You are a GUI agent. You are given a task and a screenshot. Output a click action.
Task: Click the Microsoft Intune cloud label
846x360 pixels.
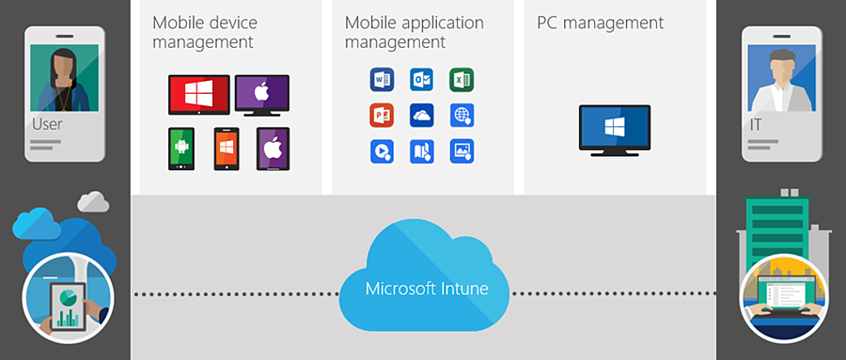[427, 288]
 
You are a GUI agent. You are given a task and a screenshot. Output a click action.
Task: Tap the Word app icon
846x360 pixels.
[382, 80]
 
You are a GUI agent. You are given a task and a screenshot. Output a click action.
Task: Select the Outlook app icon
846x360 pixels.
[421, 80]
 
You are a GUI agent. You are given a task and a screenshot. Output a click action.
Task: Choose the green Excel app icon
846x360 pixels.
[461, 80]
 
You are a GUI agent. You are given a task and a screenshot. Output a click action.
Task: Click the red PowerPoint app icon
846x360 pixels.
[382, 116]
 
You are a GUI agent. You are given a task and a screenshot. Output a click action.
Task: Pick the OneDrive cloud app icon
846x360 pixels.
[421, 116]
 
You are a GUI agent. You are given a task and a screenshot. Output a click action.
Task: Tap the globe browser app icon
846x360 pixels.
[461, 116]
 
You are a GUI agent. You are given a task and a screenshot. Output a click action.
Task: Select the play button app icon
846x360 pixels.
[382, 150]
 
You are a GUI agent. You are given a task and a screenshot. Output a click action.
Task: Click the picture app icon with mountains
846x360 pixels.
[461, 150]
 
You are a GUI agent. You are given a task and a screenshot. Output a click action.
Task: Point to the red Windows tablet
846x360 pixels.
[198, 94]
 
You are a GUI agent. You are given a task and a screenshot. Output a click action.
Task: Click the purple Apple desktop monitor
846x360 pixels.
[262, 95]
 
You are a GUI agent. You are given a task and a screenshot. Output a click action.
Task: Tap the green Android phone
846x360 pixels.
[181, 149]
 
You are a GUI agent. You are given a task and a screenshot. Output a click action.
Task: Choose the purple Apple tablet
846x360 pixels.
[273, 148]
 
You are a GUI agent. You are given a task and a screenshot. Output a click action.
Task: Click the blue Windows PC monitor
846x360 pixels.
[614, 127]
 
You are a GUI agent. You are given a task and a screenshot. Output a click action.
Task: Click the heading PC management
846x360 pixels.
[600, 23]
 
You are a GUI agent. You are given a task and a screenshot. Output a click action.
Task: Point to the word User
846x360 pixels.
[47, 124]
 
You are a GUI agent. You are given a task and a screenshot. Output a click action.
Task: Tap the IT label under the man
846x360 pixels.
[758, 124]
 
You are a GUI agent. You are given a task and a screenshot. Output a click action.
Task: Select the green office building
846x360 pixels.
[775, 227]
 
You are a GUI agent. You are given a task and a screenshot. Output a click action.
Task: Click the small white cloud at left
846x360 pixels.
[93, 201]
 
